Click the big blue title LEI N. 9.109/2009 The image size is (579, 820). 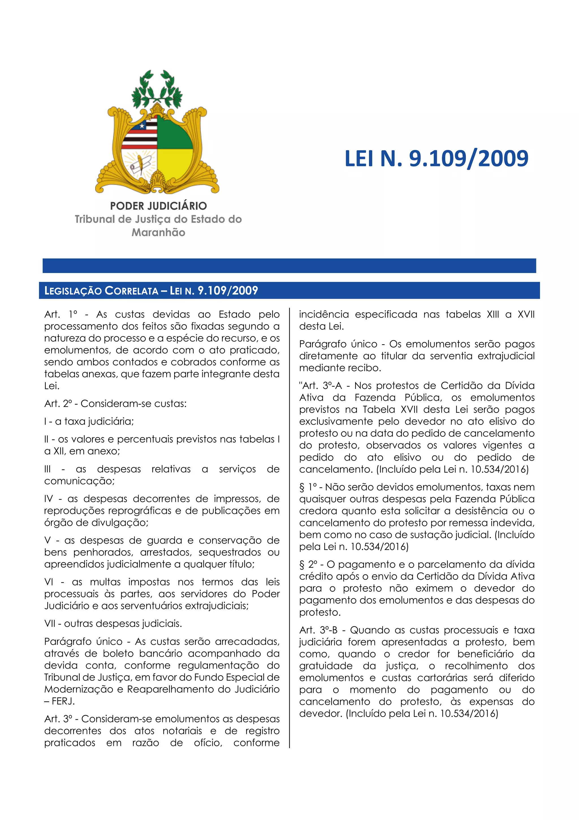(x=436, y=159)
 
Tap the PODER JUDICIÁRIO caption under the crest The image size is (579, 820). (x=158, y=206)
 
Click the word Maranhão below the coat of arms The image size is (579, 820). (x=158, y=233)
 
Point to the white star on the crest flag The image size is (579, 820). (x=142, y=126)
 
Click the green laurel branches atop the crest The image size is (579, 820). (x=157, y=87)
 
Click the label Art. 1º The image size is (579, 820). (x=61, y=315)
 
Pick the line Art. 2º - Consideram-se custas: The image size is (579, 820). (x=115, y=404)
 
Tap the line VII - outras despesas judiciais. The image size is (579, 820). (x=113, y=624)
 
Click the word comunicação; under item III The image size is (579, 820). (x=79, y=481)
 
